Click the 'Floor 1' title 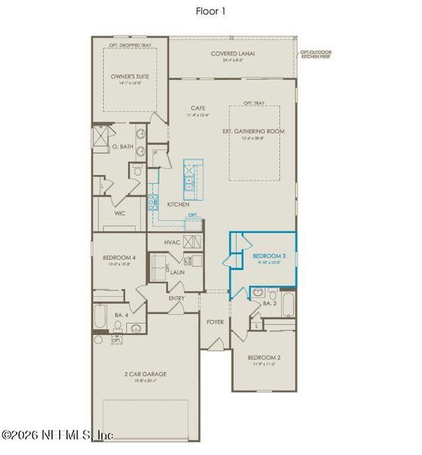pyautogui.click(x=210, y=11)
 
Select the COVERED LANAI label pyautogui.click(x=232, y=54)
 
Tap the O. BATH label pyautogui.click(x=122, y=146)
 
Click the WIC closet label pyautogui.click(x=120, y=214)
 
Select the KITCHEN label pyautogui.click(x=178, y=205)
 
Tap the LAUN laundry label pyautogui.click(x=178, y=271)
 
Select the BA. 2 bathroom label pyautogui.click(x=269, y=303)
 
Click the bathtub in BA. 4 pyautogui.click(x=102, y=317)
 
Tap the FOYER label pyautogui.click(x=216, y=322)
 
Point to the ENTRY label pyautogui.click(x=177, y=298)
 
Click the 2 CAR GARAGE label pyautogui.click(x=145, y=374)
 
